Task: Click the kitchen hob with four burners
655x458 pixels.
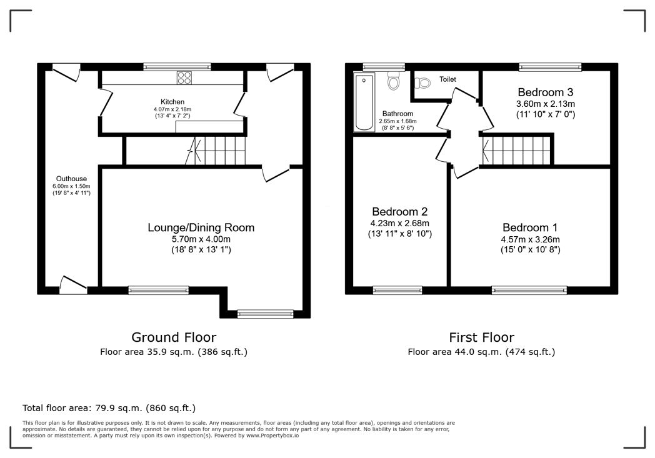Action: point(184,77)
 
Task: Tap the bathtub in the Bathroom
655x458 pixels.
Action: point(364,102)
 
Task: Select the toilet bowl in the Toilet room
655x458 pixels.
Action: point(422,83)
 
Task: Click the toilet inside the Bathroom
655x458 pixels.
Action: point(393,81)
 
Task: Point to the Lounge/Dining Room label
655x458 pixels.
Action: point(201,227)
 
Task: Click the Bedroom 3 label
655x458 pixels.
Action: point(546,92)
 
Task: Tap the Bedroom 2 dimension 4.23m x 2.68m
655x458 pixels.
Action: point(400,223)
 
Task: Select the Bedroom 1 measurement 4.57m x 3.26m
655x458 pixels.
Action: point(530,240)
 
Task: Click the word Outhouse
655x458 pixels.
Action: point(71,179)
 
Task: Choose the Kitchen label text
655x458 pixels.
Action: point(172,102)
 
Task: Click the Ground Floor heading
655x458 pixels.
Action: point(174,337)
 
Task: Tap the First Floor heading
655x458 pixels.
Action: point(482,337)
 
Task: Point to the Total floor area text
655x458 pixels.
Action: point(109,408)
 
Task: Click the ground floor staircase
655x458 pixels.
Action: point(216,151)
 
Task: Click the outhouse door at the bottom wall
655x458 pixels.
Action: point(74,284)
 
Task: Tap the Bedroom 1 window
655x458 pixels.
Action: point(529,290)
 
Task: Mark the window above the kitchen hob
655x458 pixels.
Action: point(177,67)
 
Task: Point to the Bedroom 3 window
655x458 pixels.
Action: point(550,67)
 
